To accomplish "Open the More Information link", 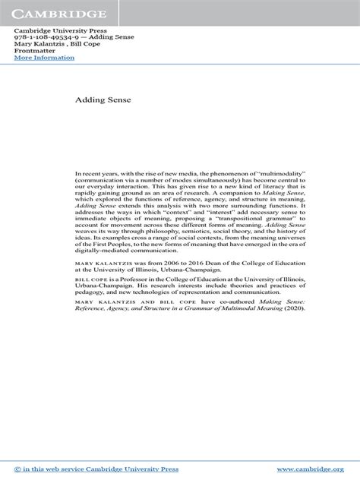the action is tap(45, 58).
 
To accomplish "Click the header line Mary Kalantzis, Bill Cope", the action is tap(52, 44).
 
